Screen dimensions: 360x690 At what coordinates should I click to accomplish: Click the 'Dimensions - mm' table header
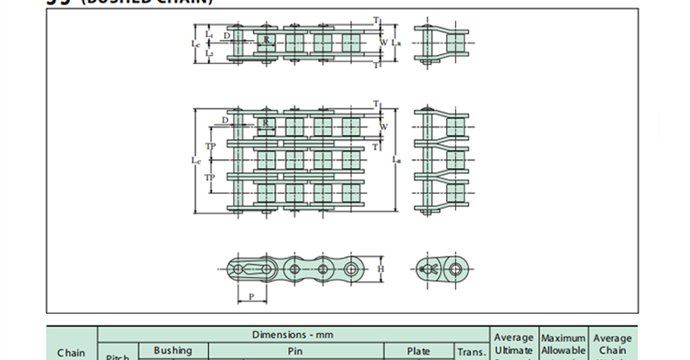[x=293, y=335]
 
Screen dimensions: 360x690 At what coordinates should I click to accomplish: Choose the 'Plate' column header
[x=418, y=350]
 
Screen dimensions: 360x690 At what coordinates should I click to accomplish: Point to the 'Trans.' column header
[x=471, y=352]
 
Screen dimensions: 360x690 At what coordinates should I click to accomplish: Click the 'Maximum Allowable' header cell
[x=562, y=343]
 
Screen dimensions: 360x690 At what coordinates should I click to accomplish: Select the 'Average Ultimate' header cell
[x=513, y=343]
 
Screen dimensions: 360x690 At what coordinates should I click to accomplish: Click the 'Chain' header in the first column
[x=71, y=353]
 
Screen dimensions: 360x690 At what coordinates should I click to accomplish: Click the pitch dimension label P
[x=252, y=296]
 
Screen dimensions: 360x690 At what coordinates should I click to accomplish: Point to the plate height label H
[x=381, y=268]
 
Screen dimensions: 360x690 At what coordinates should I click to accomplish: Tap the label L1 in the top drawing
[x=209, y=34]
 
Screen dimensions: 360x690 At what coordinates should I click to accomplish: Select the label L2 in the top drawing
[x=209, y=53]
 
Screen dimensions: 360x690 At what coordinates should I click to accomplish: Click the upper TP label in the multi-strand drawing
[x=210, y=145]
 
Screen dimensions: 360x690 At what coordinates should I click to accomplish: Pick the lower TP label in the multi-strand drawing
[x=210, y=177]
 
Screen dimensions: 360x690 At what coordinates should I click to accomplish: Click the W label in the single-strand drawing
[x=383, y=40]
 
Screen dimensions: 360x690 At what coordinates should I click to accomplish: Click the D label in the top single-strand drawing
[x=227, y=35]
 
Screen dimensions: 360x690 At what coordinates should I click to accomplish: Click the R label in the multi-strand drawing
[x=265, y=122]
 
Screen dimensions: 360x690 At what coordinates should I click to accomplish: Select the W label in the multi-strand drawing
[x=383, y=126]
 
